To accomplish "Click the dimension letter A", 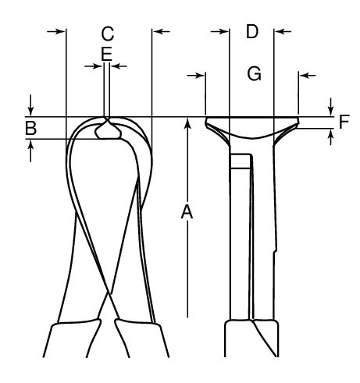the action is point(187,211).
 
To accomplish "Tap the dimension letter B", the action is point(30,128).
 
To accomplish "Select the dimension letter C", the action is point(108,34).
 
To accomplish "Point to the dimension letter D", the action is point(252,32).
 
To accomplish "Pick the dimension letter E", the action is point(106,54).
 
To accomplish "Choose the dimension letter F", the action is point(344,122).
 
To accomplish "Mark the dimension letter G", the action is point(254,73).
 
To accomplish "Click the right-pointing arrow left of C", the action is point(55,31).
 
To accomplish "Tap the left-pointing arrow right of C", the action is point(162,31).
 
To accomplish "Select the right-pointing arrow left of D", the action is point(219,32).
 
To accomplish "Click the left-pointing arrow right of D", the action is point(283,32).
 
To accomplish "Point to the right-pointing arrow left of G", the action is point(196,76).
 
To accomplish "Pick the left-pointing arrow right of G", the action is point(308,76).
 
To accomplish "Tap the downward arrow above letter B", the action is point(30,105).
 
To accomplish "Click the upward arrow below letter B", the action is point(30,151).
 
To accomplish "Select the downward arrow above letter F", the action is point(330,107).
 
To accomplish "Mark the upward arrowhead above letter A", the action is point(187,122).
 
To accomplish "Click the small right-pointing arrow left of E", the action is point(93,66).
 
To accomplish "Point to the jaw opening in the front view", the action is point(108,131).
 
